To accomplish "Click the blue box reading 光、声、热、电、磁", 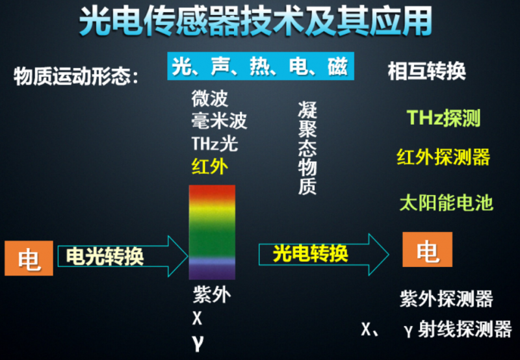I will [259, 66].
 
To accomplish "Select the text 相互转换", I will [426, 71].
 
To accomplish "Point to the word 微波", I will [210, 99].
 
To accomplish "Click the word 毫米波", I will [219, 121].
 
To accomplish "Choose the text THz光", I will [214, 143].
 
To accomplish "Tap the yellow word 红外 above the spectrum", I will [210, 166].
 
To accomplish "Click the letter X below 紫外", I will [198, 318].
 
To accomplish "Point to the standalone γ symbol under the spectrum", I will [198, 342].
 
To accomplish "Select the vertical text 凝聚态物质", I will [307, 148].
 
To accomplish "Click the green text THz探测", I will [443, 118].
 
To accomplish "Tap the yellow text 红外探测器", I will [443, 157].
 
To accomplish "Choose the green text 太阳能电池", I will [446, 203].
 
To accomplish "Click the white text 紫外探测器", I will [446, 300].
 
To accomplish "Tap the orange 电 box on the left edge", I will [29, 258].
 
